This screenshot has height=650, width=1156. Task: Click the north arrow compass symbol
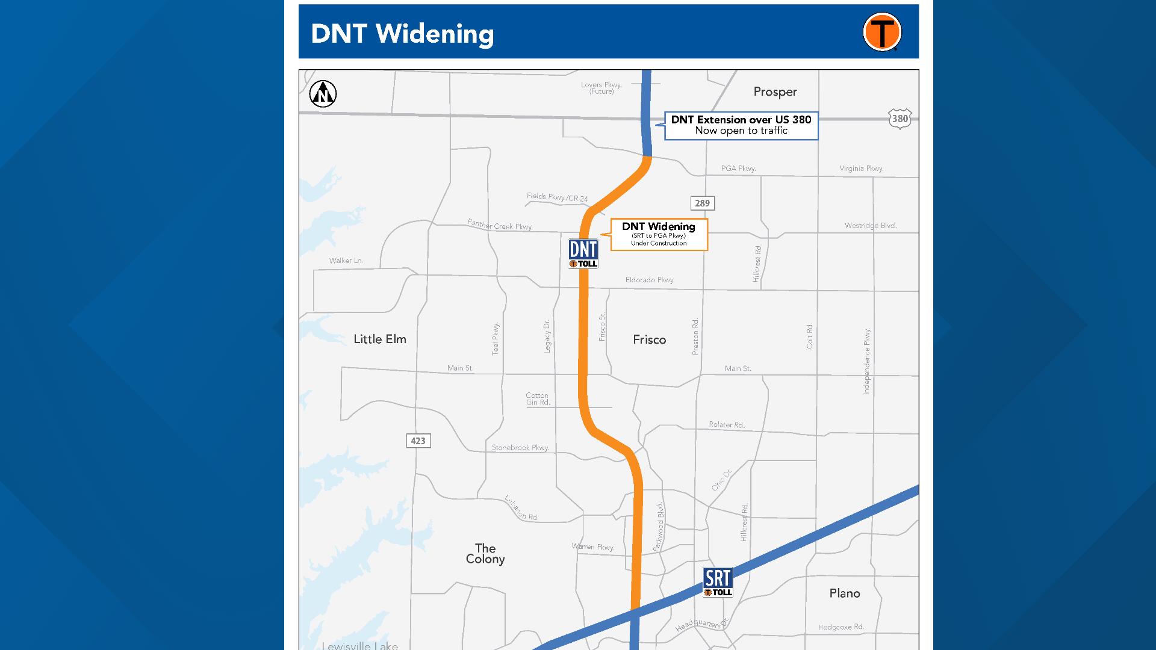click(323, 94)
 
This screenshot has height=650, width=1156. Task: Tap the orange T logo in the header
click(882, 32)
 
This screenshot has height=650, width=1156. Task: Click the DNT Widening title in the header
click(402, 34)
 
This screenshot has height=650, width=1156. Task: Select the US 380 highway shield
click(900, 119)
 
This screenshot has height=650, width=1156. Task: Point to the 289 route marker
click(702, 203)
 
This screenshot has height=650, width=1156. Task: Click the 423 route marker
click(418, 441)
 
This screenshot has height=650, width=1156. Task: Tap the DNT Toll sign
click(583, 253)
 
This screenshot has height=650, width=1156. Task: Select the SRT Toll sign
click(718, 582)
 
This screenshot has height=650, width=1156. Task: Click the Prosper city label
click(775, 92)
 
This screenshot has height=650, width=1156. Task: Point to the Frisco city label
click(649, 340)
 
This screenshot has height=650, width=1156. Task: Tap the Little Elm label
click(380, 339)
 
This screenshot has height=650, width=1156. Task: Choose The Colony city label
click(485, 554)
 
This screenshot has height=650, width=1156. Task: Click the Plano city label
click(844, 593)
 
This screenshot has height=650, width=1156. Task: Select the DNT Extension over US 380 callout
click(741, 125)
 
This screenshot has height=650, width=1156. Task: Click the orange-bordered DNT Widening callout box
click(659, 234)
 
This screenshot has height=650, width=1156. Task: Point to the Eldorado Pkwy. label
click(650, 280)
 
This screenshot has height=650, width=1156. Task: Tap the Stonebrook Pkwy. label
click(520, 448)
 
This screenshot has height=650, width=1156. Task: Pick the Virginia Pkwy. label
click(861, 169)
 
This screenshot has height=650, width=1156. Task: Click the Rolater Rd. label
click(727, 424)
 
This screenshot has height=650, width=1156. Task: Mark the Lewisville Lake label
click(359, 645)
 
